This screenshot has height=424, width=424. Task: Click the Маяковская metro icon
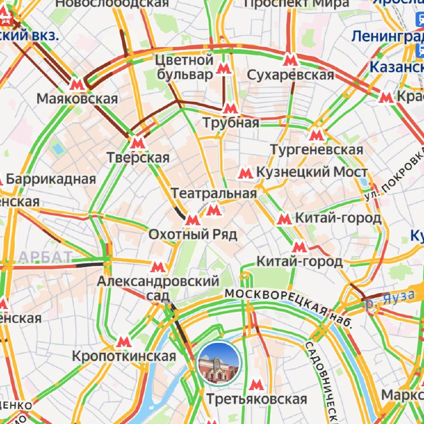coord(77,84)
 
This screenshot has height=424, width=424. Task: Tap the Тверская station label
coord(138,157)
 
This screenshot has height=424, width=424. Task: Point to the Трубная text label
coord(232,123)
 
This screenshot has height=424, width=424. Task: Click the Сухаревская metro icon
coord(289,59)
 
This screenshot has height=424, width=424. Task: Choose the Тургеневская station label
coord(317,149)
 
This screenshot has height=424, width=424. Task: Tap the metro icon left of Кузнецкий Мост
coord(245,172)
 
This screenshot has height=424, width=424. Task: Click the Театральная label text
coord(214,193)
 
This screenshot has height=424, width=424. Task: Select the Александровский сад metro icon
coord(157,267)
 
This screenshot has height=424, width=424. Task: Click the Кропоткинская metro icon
coord(123,342)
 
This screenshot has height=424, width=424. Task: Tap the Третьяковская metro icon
coord(257,385)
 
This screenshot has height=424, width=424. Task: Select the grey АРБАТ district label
coord(45,258)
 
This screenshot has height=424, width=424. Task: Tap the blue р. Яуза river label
coord(390,301)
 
